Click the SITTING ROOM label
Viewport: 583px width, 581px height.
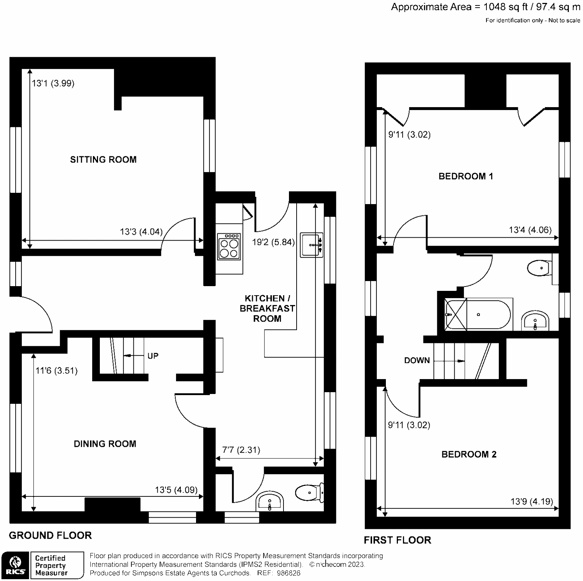coord(103,159)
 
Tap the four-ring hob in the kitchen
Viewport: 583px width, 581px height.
coord(229,246)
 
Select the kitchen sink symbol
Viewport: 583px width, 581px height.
coord(312,245)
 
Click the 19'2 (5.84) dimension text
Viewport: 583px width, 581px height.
coord(273,242)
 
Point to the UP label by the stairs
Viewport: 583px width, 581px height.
coord(153,356)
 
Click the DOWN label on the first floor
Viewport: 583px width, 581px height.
coord(417,360)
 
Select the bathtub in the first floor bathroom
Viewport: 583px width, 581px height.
coord(478,315)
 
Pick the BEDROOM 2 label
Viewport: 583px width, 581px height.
coord(469,454)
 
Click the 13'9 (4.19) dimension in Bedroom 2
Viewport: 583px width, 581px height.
coord(531,502)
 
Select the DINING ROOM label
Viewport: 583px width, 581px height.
coord(105,444)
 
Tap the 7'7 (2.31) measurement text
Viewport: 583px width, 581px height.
coord(241,450)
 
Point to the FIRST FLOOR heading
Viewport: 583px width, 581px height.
coord(397,540)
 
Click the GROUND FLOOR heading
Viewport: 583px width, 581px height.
coord(50,535)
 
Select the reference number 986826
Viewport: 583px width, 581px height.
coord(288,573)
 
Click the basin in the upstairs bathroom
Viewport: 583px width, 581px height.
coord(535,321)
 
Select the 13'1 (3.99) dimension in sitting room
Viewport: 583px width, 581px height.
coord(53,83)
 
